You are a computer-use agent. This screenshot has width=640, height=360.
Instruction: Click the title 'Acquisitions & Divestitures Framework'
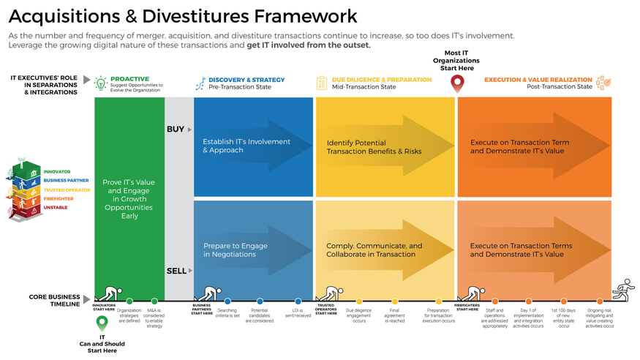(183, 16)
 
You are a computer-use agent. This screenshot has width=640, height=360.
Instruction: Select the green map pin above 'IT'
(102, 322)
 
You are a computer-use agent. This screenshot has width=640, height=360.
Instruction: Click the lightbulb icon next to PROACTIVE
(102, 83)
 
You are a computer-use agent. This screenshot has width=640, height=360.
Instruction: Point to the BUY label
(176, 129)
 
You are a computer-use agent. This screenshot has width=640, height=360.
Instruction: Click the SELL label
(176, 271)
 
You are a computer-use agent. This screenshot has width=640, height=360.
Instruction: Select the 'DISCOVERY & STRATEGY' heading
(246, 79)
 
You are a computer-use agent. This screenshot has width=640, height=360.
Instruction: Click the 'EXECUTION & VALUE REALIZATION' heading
(538, 79)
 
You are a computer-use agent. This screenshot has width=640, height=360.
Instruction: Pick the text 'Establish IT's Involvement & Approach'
(246, 146)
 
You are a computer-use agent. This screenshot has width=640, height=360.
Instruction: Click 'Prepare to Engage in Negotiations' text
(235, 250)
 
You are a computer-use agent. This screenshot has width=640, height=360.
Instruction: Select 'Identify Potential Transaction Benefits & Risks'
(374, 146)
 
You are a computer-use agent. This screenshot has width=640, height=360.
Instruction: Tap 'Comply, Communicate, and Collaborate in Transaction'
(374, 250)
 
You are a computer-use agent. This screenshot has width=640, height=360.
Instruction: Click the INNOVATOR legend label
(56, 171)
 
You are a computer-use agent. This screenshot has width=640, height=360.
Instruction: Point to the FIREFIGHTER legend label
(59, 198)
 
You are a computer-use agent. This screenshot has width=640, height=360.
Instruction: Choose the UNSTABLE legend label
(56, 207)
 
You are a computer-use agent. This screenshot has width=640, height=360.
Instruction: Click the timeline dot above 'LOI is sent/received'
(298, 301)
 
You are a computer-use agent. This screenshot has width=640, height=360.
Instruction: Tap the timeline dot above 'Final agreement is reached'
(394, 301)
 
